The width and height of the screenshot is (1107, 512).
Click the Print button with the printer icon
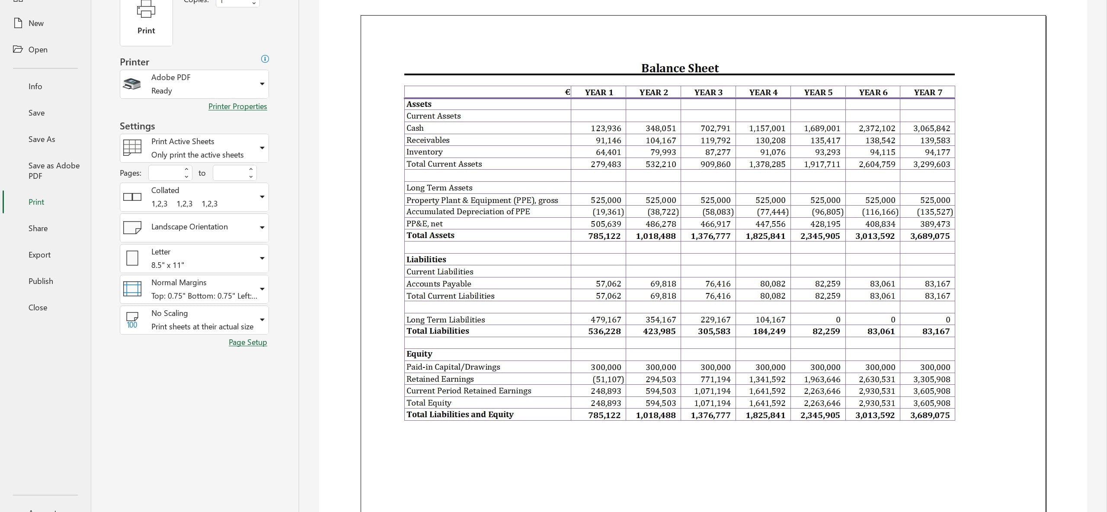tap(146, 19)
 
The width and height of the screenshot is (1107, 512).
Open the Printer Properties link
tap(237, 106)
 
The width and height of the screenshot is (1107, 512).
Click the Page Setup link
tap(247, 342)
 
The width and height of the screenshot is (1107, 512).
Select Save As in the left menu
tap(42, 139)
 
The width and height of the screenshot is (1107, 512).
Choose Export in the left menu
tap(39, 255)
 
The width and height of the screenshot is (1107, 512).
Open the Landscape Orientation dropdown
tap(194, 227)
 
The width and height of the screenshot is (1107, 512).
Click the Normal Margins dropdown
tap(194, 289)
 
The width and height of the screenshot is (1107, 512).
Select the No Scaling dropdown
tap(194, 320)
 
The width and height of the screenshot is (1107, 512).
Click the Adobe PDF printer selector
tap(194, 84)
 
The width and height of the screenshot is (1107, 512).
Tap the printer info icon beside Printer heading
tap(265, 59)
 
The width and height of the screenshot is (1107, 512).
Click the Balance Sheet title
tap(679, 68)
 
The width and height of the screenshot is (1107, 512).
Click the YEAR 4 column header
tap(763, 93)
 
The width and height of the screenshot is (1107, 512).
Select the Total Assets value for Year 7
tap(930, 236)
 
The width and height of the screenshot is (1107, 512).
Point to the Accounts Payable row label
tap(438, 284)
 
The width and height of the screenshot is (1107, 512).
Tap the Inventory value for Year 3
tap(715, 152)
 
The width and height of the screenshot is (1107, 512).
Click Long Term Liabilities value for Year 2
tap(660, 320)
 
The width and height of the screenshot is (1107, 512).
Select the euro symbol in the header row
tap(567, 92)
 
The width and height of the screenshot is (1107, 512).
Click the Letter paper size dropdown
tap(194, 258)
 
